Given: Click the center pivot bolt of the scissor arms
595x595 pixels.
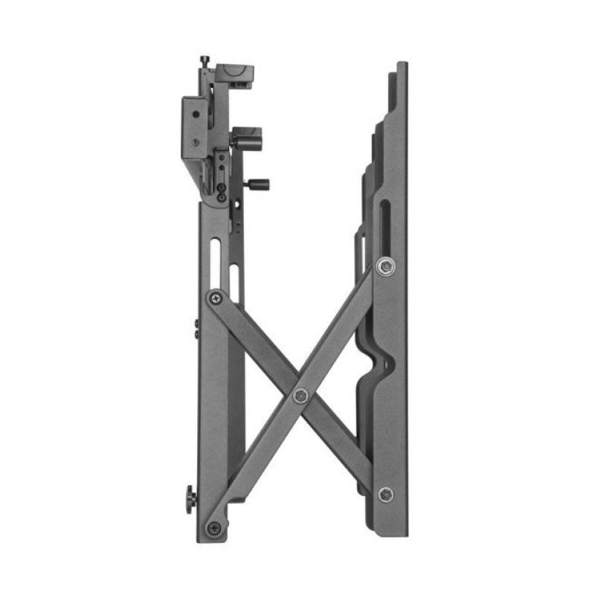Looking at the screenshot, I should tap(300, 395).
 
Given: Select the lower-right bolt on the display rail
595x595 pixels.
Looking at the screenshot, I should tap(385, 495).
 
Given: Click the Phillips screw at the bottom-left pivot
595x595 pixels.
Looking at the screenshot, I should tap(214, 529).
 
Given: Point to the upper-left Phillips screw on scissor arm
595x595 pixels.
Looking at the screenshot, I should tap(215, 297).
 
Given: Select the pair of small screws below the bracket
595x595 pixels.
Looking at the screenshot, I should tap(223, 191).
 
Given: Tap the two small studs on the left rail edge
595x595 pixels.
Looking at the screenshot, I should tap(196, 327).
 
